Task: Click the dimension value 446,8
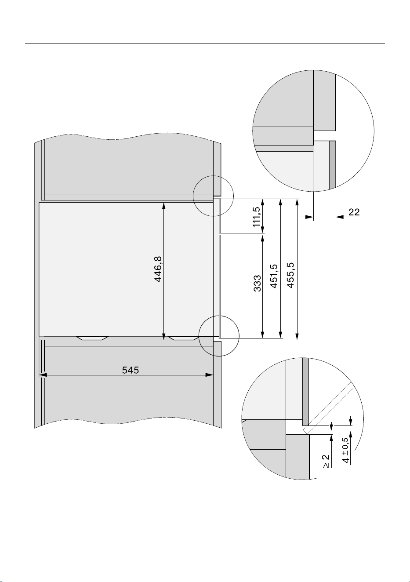click(158, 269)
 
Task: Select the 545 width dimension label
click(131, 370)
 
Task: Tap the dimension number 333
click(257, 284)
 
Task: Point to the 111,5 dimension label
click(257, 217)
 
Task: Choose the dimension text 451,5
click(274, 276)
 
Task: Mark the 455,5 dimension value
click(291, 275)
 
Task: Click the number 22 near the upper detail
click(354, 212)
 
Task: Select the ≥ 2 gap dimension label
click(326, 461)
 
